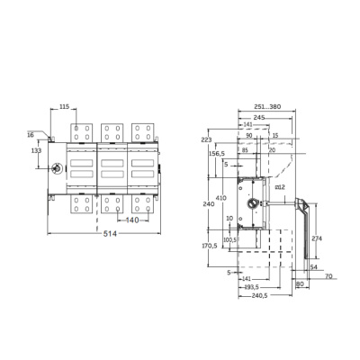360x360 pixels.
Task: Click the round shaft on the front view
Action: click(x=56, y=168)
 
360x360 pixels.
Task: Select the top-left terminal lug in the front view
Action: click(x=82, y=131)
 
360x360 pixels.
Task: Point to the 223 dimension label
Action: click(x=206, y=140)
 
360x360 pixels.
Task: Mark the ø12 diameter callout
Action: click(x=279, y=186)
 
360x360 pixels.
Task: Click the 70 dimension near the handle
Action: click(x=328, y=276)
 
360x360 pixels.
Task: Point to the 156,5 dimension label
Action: click(x=217, y=153)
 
